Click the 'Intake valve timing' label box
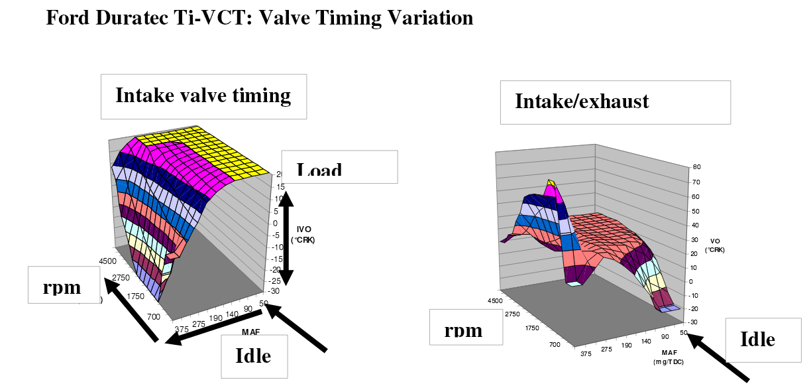coord(203,96)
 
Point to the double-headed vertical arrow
coord(286,235)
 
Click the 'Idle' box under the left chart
coord(254,356)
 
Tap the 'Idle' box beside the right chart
coord(757,340)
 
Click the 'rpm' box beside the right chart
coord(463,328)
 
